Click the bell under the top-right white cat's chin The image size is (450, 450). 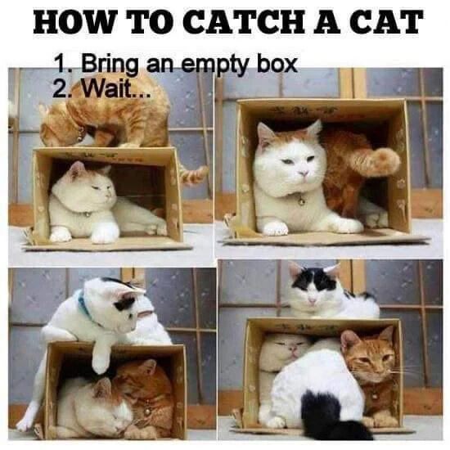click(x=300, y=199)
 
